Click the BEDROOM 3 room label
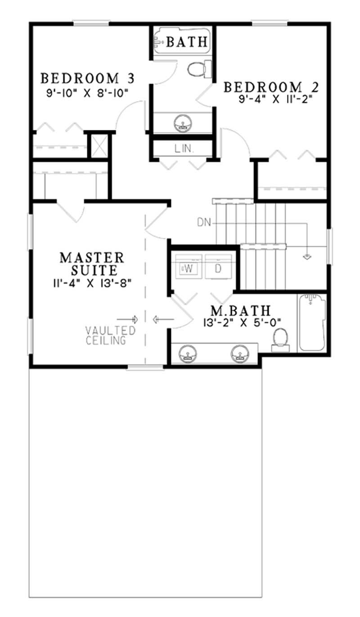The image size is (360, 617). click(87, 78)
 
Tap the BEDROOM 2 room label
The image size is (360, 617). click(269, 86)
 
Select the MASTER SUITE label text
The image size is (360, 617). click(92, 264)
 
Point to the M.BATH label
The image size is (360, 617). click(241, 311)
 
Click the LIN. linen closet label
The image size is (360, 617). click(182, 148)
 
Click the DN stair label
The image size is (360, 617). click(202, 221)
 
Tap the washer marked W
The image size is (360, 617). click(189, 268)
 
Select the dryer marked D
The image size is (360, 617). click(218, 268)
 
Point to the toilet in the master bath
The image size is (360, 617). click(281, 337)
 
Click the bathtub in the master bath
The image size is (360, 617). click(311, 322)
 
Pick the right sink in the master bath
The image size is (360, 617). click(240, 354)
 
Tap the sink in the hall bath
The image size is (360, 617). click(183, 122)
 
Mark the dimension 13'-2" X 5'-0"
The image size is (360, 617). click(241, 322)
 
